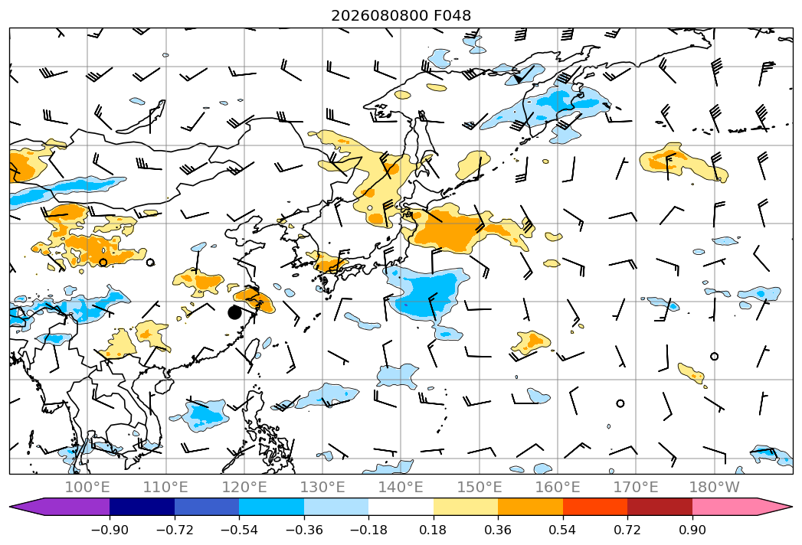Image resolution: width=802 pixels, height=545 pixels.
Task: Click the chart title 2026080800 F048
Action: (401, 15)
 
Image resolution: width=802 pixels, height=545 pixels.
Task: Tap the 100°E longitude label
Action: (87, 487)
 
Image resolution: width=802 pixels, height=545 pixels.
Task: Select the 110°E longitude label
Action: (165, 487)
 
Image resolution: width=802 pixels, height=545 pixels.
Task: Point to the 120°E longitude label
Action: (244, 487)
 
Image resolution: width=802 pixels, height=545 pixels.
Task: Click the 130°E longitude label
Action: (322, 487)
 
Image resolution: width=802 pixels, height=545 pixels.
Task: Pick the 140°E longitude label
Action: (401, 487)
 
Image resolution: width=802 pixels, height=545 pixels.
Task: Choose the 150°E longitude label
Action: (480, 487)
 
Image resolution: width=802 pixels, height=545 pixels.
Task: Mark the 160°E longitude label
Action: (558, 487)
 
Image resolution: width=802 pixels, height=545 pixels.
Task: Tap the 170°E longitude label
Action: (636, 487)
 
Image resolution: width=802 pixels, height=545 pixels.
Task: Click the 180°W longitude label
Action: (715, 487)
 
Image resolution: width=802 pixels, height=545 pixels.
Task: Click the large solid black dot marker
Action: (234, 312)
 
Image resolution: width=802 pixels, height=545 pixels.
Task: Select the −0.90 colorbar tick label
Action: (110, 530)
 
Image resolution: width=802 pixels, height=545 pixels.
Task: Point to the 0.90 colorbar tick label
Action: (692, 530)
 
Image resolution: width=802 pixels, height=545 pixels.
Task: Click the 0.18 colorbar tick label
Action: (434, 530)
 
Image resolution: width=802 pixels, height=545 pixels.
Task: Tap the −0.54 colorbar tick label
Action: (239, 530)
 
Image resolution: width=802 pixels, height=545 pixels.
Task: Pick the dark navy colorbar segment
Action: (142, 507)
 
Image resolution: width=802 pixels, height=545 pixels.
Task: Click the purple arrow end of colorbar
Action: (59, 507)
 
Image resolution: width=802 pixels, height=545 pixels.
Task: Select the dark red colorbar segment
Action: (660, 507)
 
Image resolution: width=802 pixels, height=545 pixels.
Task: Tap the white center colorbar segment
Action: (401, 507)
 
